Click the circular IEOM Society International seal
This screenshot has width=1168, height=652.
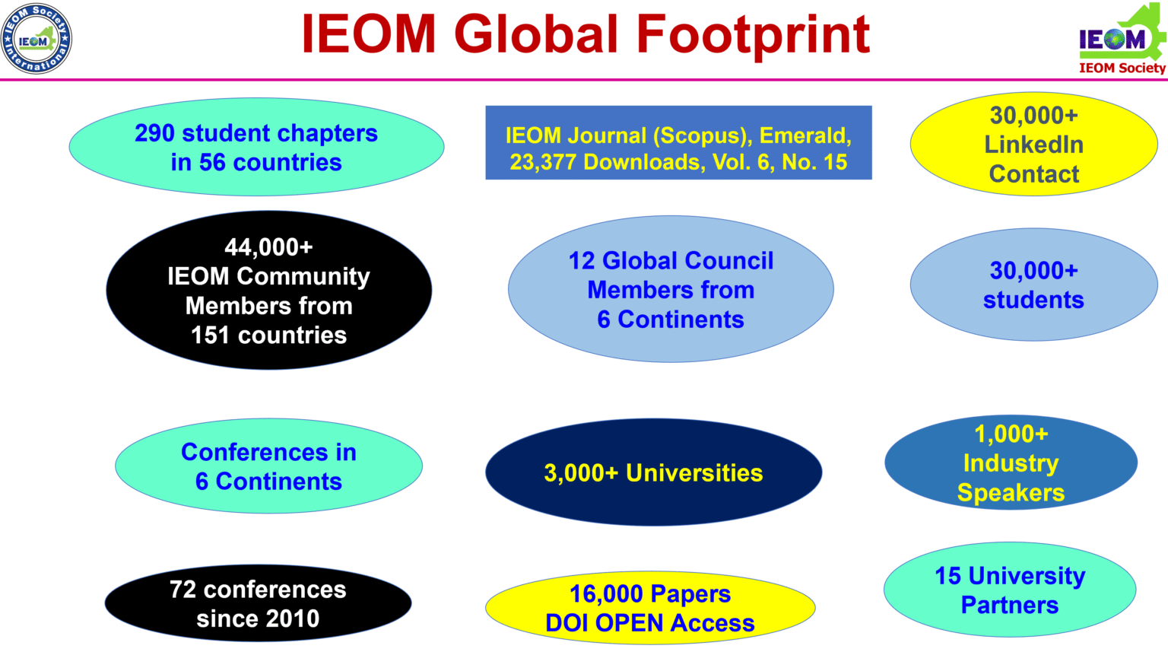36,39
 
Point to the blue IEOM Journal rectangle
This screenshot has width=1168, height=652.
678,143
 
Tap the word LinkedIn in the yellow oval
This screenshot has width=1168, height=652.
1033,145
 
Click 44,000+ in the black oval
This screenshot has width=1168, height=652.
268,247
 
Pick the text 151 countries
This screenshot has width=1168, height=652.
268,335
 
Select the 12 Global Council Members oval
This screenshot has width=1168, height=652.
671,289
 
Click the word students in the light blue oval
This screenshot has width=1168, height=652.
1033,300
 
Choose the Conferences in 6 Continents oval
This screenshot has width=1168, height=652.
268,466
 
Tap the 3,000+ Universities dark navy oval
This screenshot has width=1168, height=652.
653,472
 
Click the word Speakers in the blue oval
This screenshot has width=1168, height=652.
1011,492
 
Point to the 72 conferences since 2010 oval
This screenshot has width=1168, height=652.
258,603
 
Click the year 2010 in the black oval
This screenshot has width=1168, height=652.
291,619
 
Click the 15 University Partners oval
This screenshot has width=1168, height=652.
1010,590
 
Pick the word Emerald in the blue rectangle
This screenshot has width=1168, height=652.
805,135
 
